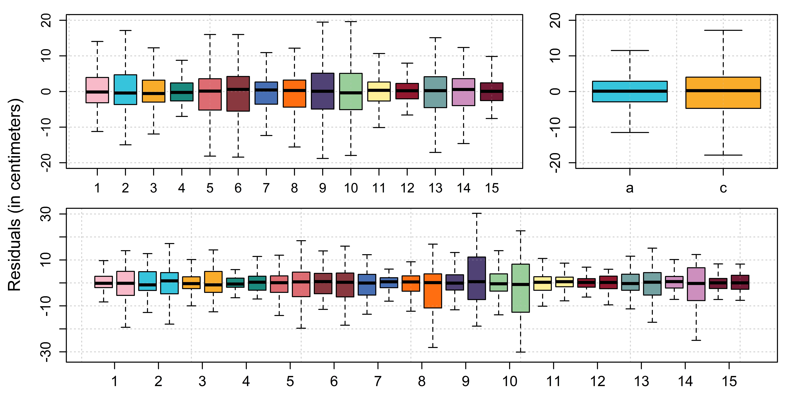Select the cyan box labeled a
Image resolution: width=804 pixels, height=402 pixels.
pos(630,91)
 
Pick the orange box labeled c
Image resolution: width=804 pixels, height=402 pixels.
pos(723,93)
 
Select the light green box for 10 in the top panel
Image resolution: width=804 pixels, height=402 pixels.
pos(351,91)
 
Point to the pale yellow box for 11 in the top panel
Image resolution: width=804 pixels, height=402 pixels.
pos(379,91)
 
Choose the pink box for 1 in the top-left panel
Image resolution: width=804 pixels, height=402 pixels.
pos(97,90)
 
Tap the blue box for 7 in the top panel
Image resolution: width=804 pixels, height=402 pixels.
pos(266,93)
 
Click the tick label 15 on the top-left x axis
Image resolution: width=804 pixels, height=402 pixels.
pos(492,188)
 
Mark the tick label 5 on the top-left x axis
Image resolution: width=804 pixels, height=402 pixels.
pos(210,188)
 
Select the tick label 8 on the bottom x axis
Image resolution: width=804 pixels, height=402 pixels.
pos(422,381)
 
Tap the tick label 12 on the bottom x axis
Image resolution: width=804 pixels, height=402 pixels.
pos(597,381)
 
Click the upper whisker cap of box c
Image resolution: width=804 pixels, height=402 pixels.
pos(723,30)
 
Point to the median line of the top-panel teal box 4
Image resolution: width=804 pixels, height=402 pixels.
pos(182,92)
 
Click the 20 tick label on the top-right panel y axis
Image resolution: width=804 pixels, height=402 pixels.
pos(556,20)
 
